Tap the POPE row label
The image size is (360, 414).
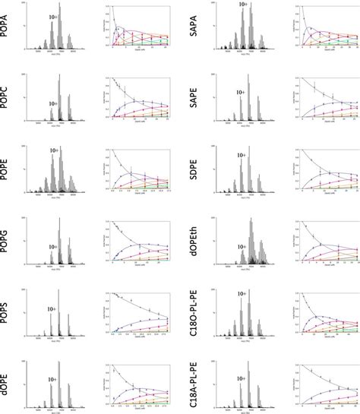[10, 171]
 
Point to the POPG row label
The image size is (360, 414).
[10, 241]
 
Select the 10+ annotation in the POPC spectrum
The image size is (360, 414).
[52, 104]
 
